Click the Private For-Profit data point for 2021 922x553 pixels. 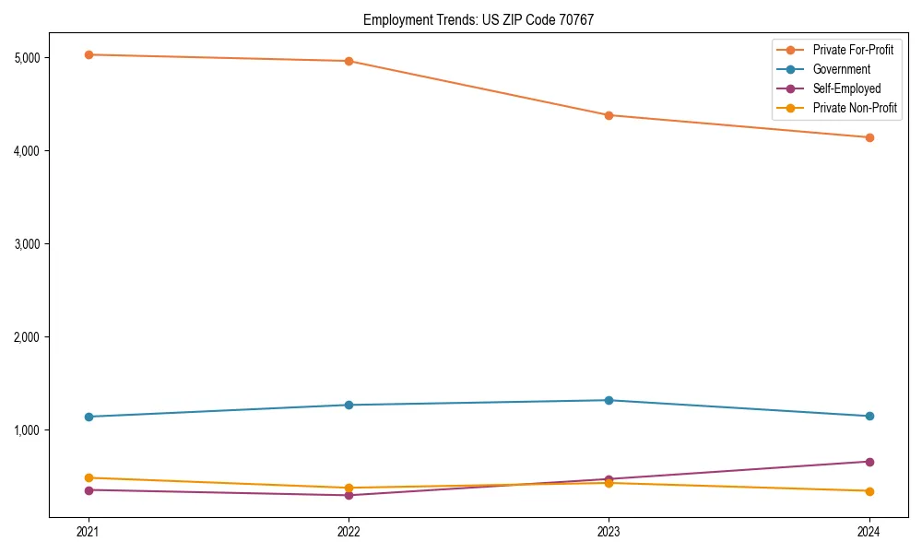(89, 54)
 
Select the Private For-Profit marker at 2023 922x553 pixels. (609, 115)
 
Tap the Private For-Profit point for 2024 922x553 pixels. (869, 137)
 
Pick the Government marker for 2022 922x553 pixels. (349, 405)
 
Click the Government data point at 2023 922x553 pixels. (609, 400)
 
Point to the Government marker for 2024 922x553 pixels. (869, 416)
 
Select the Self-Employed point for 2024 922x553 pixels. (869, 462)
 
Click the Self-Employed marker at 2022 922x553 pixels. (349, 495)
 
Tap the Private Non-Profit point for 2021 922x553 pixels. (89, 477)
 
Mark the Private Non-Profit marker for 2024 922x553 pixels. (869, 491)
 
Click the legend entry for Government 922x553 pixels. (841, 69)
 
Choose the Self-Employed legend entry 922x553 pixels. (846, 88)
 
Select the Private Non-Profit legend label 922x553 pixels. (855, 108)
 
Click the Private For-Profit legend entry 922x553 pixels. (853, 50)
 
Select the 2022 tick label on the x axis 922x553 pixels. (349, 531)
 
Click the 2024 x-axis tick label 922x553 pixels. (869, 531)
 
